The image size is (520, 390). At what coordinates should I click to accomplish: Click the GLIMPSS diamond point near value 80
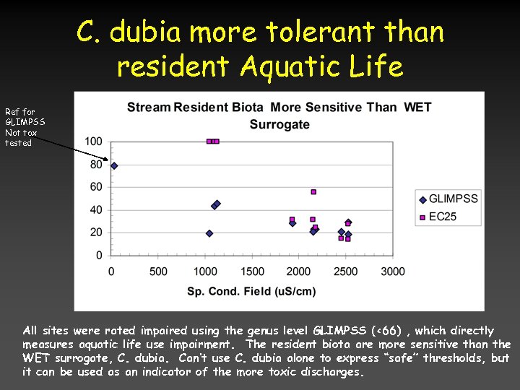pyautogui.click(x=114, y=165)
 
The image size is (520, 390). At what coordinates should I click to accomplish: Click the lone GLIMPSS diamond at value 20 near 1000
pyautogui.click(x=209, y=233)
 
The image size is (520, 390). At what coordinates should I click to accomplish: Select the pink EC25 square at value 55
pyautogui.click(x=313, y=192)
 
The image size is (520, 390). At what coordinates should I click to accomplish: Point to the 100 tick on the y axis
pyautogui.click(x=93, y=142)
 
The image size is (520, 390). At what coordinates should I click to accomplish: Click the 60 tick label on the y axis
pyautogui.click(x=96, y=187)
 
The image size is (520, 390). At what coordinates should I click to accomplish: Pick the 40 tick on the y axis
pyautogui.click(x=96, y=210)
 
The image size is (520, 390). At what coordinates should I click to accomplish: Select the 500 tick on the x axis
pyautogui.click(x=158, y=272)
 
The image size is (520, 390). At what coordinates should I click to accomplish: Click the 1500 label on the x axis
pyautogui.click(x=252, y=272)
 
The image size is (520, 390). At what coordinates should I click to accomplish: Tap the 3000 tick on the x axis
pyautogui.click(x=392, y=272)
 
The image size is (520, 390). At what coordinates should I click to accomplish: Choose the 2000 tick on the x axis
pyautogui.click(x=299, y=272)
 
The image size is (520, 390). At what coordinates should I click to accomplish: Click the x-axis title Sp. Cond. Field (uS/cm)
pyautogui.click(x=251, y=291)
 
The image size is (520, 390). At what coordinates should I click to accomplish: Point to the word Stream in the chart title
pyautogui.click(x=148, y=108)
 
